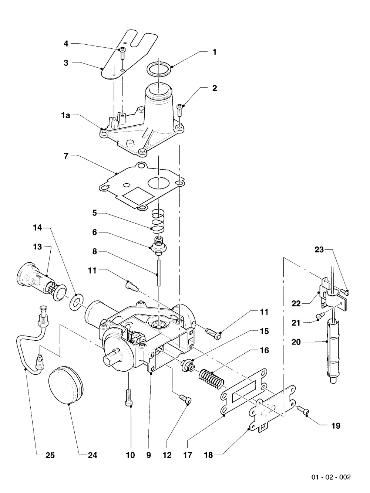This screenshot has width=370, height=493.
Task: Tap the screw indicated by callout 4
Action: click(122, 53)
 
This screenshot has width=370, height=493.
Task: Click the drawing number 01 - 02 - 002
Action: click(331, 477)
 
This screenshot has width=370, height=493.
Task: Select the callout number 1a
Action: click(65, 116)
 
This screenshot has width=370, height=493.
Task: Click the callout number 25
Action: click(50, 455)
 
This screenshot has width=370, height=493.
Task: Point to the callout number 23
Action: click(319, 249)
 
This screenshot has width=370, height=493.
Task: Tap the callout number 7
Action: click(66, 156)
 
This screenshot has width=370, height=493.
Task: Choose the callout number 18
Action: click(208, 455)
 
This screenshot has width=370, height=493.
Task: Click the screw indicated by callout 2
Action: click(180, 110)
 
